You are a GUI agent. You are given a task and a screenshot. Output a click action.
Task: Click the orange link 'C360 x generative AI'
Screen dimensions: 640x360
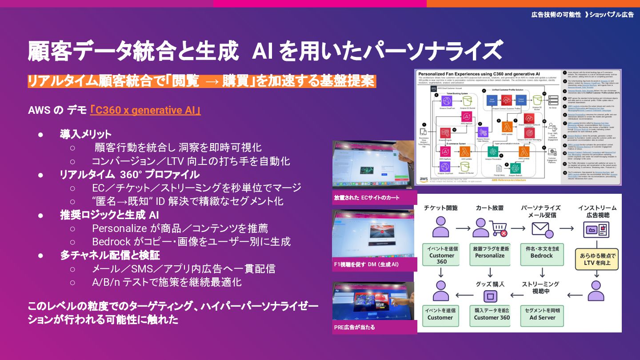(145, 110)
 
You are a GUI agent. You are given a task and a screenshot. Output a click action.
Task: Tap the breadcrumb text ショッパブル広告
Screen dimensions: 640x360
(612, 15)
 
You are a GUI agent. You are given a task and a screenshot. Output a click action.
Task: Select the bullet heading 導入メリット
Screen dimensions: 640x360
(86, 134)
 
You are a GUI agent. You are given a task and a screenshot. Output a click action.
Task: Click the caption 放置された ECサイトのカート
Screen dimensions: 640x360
(367, 197)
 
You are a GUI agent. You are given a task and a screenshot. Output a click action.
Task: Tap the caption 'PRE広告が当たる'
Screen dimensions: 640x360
(354, 327)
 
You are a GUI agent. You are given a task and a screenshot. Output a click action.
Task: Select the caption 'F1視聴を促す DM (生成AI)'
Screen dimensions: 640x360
(366, 264)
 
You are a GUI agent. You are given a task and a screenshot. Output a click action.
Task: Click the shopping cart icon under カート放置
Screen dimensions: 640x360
(498, 228)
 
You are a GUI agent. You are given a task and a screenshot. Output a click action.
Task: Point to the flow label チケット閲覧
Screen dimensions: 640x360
(440, 208)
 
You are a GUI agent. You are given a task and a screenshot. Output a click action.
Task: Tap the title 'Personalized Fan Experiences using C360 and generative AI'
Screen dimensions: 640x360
(480, 73)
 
